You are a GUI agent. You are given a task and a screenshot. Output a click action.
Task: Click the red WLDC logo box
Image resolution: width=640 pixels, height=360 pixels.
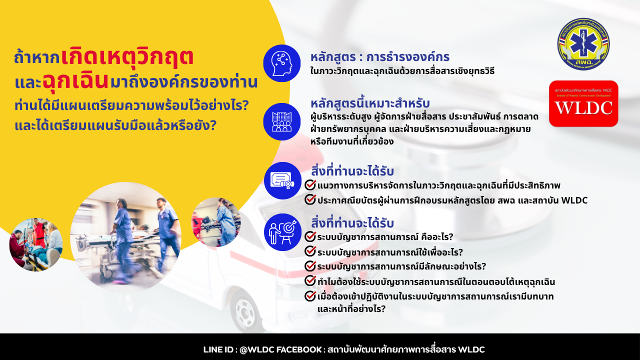tap(583, 103)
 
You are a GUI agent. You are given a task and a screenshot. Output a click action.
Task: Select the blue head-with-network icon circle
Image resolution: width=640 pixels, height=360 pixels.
tap(281, 63)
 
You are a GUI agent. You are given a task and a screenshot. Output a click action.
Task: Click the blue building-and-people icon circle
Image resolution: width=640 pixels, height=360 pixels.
tap(281, 121)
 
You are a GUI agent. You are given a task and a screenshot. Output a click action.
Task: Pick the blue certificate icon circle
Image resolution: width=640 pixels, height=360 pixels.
tap(282, 180)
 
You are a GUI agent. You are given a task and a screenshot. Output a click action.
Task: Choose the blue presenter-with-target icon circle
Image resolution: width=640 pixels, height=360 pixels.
tap(282, 232)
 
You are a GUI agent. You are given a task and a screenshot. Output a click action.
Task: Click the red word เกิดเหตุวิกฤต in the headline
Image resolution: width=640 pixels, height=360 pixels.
tap(127, 57)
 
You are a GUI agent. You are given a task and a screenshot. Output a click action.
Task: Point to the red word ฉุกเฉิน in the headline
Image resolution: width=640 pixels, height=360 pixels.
tap(75, 81)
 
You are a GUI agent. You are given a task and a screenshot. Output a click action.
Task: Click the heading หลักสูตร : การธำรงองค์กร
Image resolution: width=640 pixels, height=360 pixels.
tap(380, 57)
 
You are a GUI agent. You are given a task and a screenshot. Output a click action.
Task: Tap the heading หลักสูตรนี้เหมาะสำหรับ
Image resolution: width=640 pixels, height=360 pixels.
tap(370, 103)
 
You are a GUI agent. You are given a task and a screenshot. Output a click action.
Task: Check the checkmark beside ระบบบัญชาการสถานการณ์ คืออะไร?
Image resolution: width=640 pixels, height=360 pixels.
tap(310, 236)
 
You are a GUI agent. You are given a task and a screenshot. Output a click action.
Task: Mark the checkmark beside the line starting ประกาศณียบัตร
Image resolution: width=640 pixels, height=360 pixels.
tap(310, 199)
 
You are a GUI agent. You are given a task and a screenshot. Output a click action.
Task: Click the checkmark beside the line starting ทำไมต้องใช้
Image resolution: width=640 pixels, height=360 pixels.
tap(310, 280)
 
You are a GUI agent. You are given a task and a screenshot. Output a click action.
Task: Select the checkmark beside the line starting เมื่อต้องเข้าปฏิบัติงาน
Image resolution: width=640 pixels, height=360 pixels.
tap(310, 295)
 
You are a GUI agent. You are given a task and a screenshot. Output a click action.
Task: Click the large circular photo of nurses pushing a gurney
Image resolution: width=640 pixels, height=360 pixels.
tap(125, 237)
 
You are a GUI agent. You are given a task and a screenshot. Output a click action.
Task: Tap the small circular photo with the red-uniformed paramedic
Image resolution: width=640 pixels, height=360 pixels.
tap(36, 244)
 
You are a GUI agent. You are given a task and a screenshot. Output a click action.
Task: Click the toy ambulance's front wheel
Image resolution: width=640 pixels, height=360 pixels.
tap(245, 312)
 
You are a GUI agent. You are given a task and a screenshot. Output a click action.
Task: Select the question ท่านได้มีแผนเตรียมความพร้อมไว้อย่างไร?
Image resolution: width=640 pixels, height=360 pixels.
tap(132, 105)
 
